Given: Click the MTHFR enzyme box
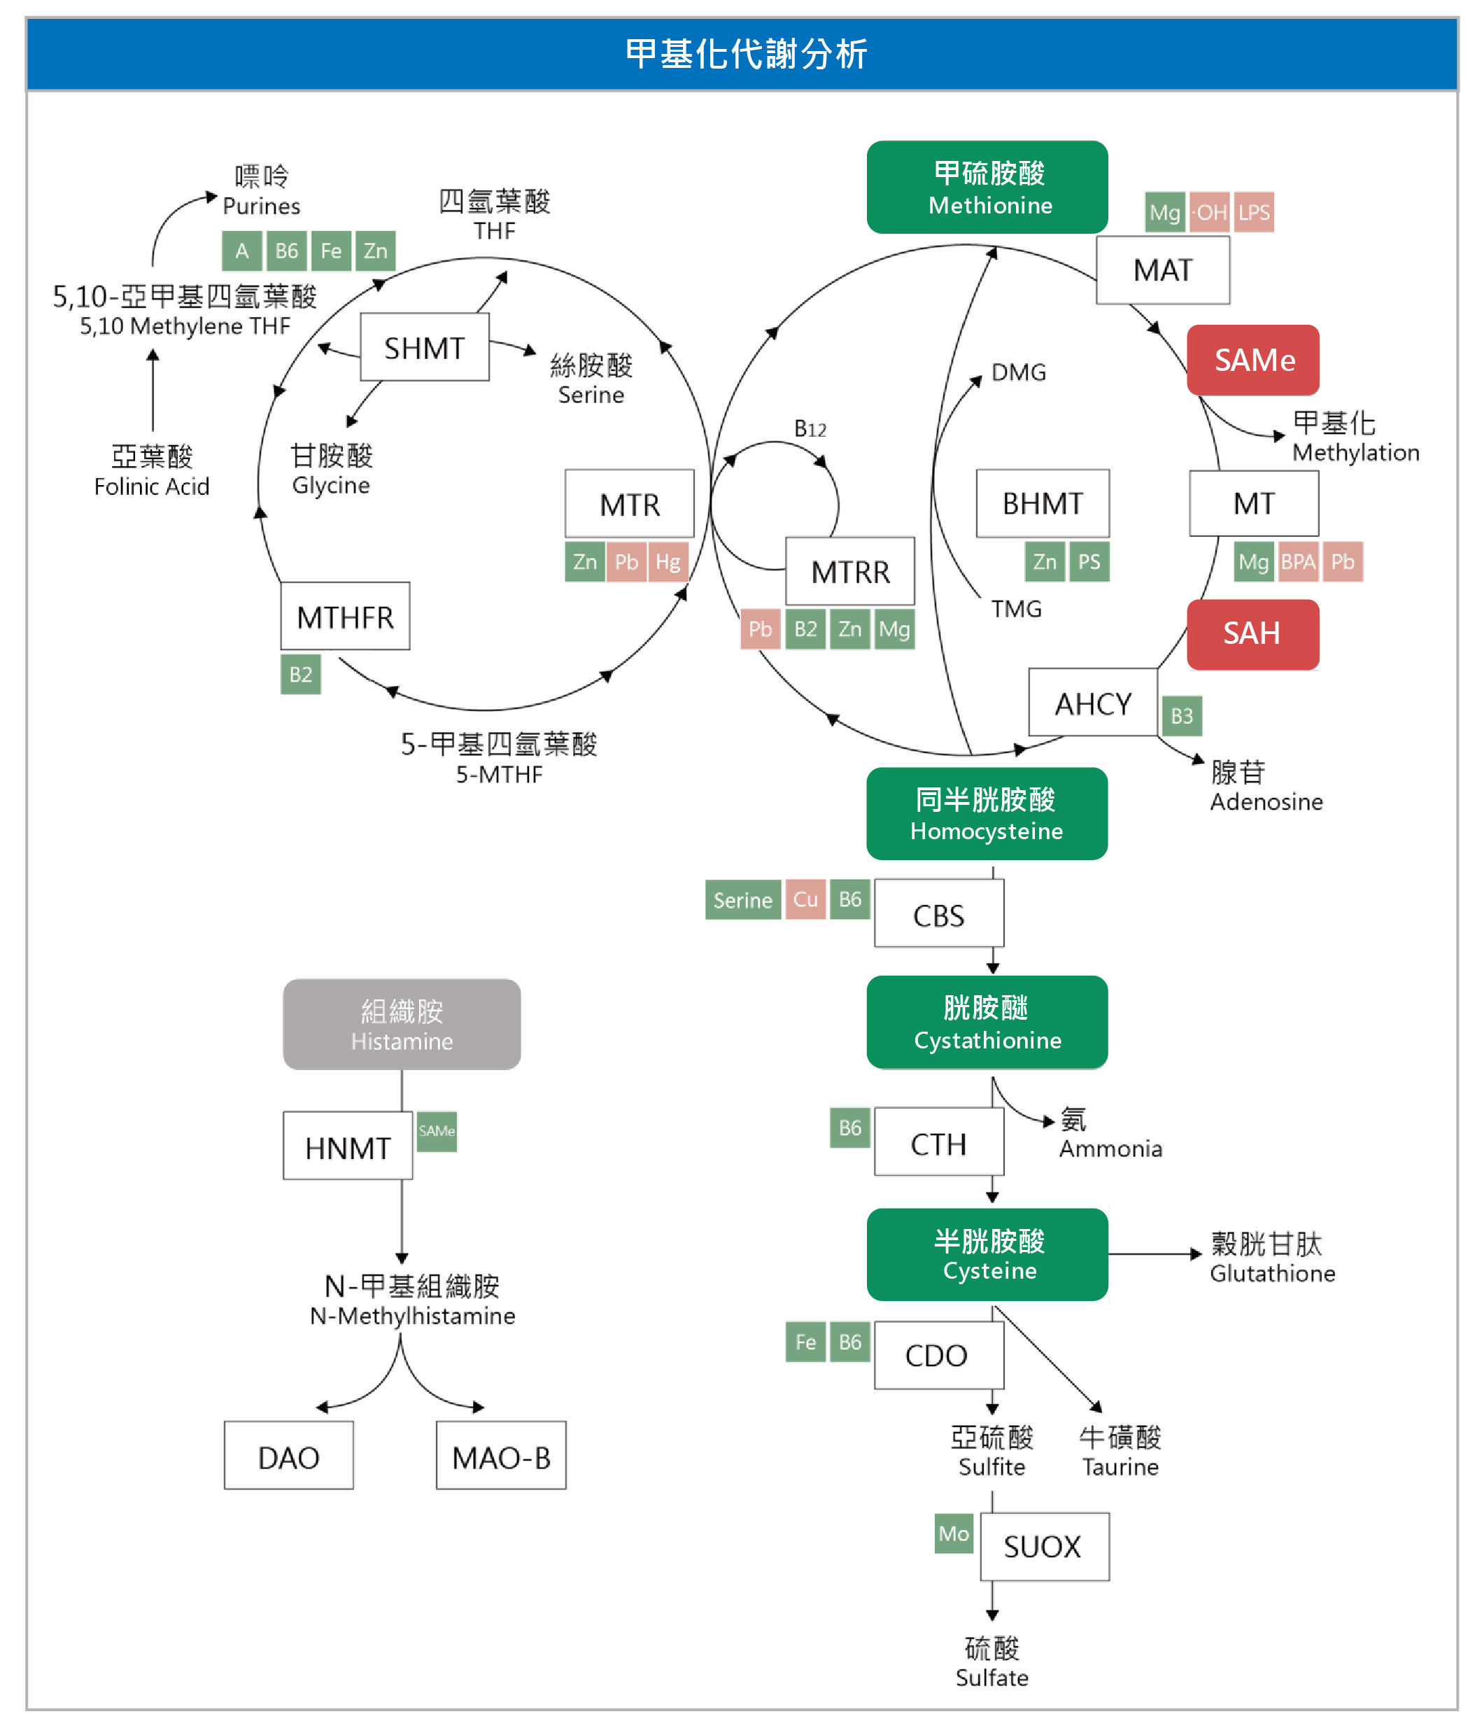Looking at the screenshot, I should tap(344, 617).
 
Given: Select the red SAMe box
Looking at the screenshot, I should tap(1252, 360).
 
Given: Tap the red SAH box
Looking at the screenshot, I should tap(1252, 634).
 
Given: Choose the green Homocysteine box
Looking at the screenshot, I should tap(987, 814).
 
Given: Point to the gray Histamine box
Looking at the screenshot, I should tap(401, 1024).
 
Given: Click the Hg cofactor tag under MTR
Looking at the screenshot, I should tap(667, 562).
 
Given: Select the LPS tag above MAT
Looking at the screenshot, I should tap(1253, 213).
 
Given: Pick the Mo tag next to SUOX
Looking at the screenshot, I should tap(953, 1533).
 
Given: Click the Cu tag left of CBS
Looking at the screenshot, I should tap(805, 899).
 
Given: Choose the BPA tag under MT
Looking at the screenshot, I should tap(1297, 562).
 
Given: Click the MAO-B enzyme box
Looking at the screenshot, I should tap(500, 1457).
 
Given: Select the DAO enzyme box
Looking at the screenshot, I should tap(288, 1457).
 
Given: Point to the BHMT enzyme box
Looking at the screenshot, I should tap(1043, 504).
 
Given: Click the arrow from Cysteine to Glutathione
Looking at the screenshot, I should tap(1155, 1253).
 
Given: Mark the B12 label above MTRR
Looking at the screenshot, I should tap(809, 430).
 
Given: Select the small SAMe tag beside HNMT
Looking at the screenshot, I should tap(436, 1131).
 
